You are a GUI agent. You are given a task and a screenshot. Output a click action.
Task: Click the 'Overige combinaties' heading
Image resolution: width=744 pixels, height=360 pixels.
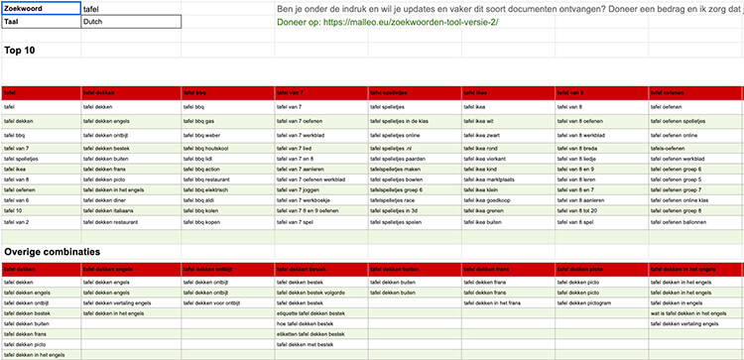pos(52,252)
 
